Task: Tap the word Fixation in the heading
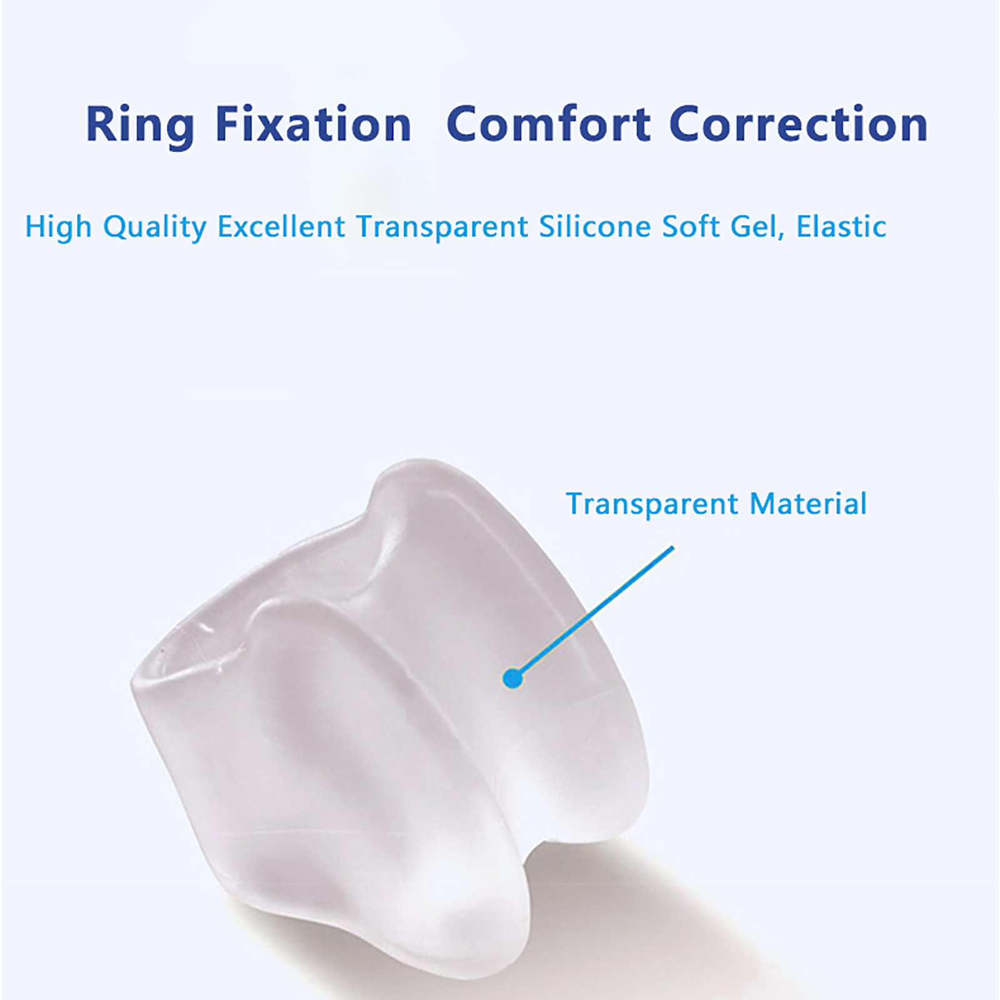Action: click(x=313, y=124)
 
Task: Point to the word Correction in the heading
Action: click(x=799, y=124)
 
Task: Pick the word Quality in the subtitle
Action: click(x=155, y=227)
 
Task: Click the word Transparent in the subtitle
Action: click(x=442, y=227)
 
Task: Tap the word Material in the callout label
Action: click(x=808, y=504)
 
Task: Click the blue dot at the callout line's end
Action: click(x=512, y=677)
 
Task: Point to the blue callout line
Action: click(x=594, y=612)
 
